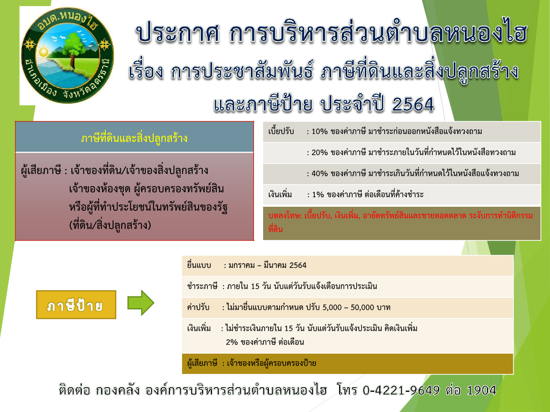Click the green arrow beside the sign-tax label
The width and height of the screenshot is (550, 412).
point(141,303)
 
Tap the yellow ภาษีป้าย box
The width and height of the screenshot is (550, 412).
point(76,305)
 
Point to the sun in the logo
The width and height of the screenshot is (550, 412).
point(44,52)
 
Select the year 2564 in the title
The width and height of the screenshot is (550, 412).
point(413,104)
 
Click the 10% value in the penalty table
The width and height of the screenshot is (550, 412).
point(320,132)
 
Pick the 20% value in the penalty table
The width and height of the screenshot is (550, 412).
point(320,153)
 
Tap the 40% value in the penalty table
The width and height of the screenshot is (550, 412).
point(320,174)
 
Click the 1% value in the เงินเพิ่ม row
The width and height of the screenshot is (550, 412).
point(318,195)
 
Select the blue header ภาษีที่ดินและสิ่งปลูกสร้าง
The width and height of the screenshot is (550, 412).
point(134,138)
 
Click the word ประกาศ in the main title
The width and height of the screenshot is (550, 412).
point(178,33)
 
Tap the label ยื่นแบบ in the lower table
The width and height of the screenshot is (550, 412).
point(199,266)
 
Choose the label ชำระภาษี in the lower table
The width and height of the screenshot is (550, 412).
point(202,286)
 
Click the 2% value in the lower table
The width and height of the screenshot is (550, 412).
point(232,342)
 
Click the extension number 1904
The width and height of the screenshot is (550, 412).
point(481,390)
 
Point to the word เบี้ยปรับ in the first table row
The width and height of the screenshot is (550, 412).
point(281,132)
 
